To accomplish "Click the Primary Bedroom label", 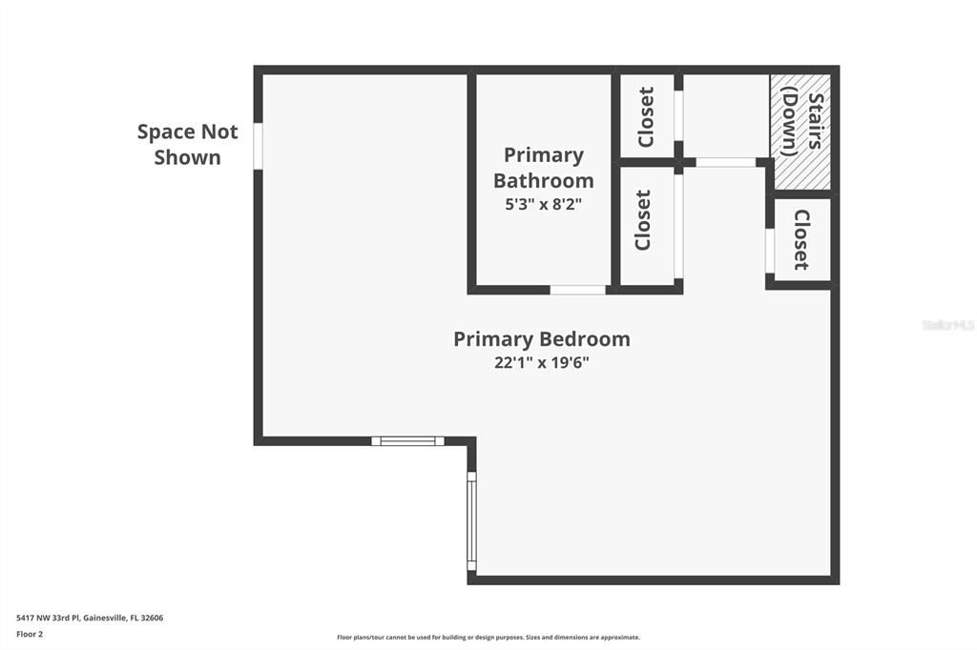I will click(x=541, y=338).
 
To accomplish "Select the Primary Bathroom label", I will click(x=543, y=168).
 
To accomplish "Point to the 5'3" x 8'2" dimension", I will click(x=543, y=203).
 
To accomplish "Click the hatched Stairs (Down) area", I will click(x=800, y=131).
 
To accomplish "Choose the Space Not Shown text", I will click(x=187, y=144).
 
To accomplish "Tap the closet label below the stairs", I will click(x=801, y=239).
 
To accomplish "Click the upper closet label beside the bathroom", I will click(x=646, y=117).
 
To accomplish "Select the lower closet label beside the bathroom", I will click(x=643, y=220).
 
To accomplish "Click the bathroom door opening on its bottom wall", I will click(x=578, y=289).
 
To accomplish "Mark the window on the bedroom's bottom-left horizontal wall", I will click(x=407, y=440).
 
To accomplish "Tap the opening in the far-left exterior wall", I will click(x=258, y=147).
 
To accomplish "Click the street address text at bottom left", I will click(x=90, y=618).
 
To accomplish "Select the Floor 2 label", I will click(x=30, y=633).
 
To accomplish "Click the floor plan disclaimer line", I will click(x=488, y=637).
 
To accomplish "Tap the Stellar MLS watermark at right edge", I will click(x=947, y=325).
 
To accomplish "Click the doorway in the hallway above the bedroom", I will click(x=725, y=162).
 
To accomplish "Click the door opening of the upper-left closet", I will click(x=678, y=116).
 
